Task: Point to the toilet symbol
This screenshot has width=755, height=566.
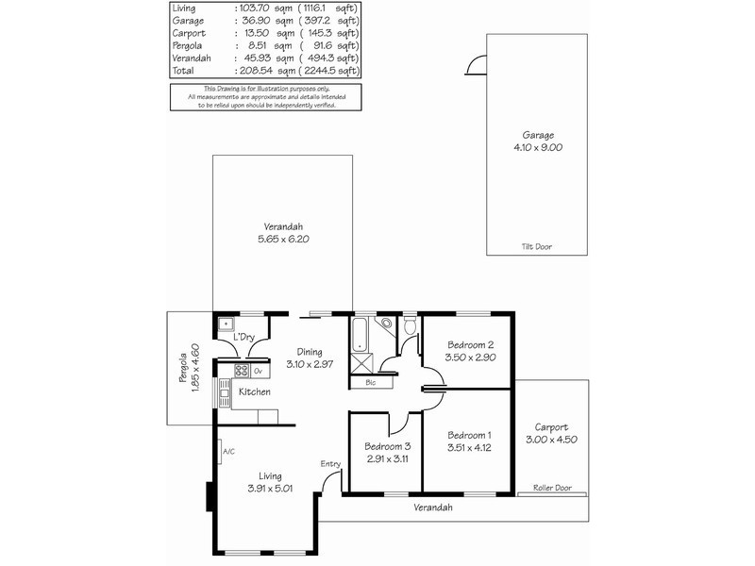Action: click(410, 326)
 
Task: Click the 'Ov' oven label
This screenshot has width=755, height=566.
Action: click(257, 370)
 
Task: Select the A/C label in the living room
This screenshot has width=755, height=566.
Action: click(227, 452)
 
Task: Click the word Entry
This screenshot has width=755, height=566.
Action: click(330, 463)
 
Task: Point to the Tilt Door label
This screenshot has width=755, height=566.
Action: click(537, 246)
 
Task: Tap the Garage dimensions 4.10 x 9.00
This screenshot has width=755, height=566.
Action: click(536, 147)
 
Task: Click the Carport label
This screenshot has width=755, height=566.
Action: click(551, 426)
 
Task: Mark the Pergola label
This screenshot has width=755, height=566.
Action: click(184, 370)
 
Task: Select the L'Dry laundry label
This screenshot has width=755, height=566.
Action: click(244, 337)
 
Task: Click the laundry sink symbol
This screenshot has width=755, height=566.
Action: click(226, 325)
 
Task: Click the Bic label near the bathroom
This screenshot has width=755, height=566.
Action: click(370, 383)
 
